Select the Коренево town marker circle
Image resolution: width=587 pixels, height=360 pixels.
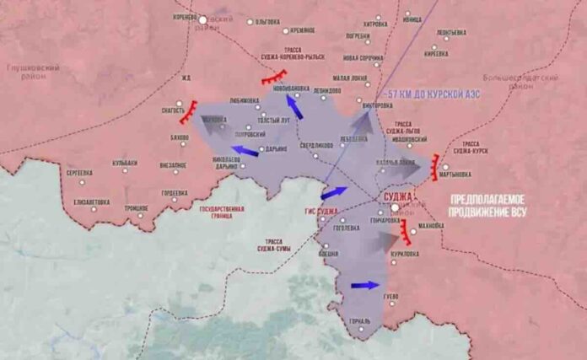202,18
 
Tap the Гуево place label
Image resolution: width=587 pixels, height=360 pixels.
389,297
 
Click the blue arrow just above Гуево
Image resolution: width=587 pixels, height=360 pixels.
364,285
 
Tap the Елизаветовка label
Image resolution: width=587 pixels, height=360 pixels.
91,202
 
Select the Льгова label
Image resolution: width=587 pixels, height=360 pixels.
268,21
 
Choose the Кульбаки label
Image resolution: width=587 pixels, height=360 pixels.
124,163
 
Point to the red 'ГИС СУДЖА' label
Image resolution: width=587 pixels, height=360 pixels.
321,210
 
